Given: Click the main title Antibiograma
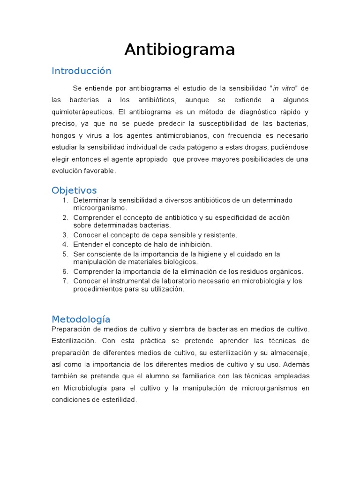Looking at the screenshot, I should point(180,50).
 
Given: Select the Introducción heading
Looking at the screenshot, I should point(82,71).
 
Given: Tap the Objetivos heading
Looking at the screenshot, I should point(74,190).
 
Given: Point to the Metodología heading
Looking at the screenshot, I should point(81,320).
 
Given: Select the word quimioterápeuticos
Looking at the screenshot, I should point(82,112).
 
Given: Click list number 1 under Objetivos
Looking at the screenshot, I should point(66,201).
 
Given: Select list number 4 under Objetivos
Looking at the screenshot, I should point(65,245).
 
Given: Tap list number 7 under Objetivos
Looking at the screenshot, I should point(65,281).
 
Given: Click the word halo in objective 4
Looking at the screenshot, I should point(166,245).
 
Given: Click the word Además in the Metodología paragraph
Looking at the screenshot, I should point(296,364).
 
